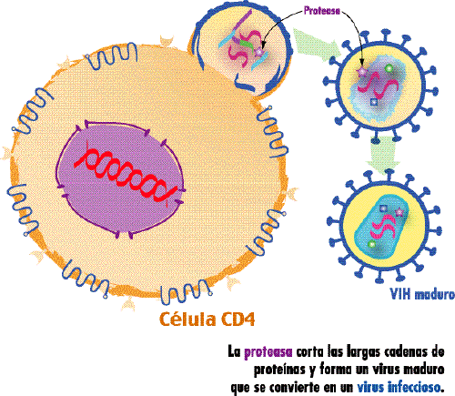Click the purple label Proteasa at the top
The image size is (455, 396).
(x=322, y=11)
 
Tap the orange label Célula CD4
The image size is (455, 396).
(x=207, y=320)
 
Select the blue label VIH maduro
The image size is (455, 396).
(x=422, y=294)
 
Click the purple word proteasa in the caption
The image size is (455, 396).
(x=268, y=352)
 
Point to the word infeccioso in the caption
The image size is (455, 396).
(x=414, y=387)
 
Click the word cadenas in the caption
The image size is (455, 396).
(x=405, y=352)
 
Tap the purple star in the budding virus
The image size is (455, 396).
(x=258, y=52)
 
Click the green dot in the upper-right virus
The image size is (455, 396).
(x=389, y=68)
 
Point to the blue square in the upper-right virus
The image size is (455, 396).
(x=374, y=103)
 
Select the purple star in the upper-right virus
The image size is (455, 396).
(x=361, y=72)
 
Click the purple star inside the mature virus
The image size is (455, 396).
(x=399, y=212)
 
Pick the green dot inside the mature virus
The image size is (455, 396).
(x=371, y=244)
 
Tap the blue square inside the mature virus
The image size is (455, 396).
(x=383, y=208)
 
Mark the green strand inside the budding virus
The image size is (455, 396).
(x=248, y=43)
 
